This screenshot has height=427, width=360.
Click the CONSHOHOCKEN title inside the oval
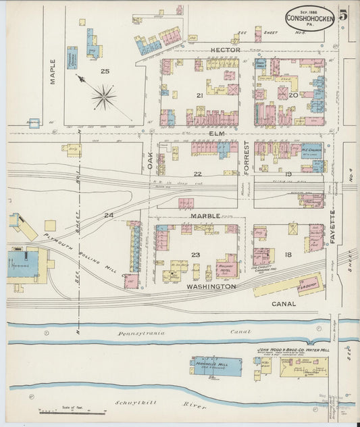click(x=308, y=18)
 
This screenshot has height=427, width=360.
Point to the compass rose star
click(x=103, y=97)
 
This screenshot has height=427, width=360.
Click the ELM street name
click(x=216, y=134)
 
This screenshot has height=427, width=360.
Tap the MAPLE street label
click(x=53, y=72)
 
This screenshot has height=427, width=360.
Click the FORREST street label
click(x=247, y=158)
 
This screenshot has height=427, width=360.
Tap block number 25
click(x=105, y=71)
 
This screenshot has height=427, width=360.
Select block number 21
click(x=199, y=95)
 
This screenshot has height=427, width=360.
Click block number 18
click(x=288, y=254)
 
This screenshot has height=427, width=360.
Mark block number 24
click(x=108, y=215)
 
